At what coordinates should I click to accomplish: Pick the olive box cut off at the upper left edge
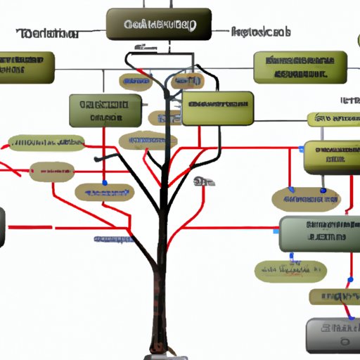coord(27,67)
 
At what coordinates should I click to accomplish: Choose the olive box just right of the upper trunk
coord(218,108)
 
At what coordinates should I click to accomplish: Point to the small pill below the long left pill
coord(51,169)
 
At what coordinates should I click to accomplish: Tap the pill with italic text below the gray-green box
coord(290,269)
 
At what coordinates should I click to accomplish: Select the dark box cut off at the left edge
coord(2,227)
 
